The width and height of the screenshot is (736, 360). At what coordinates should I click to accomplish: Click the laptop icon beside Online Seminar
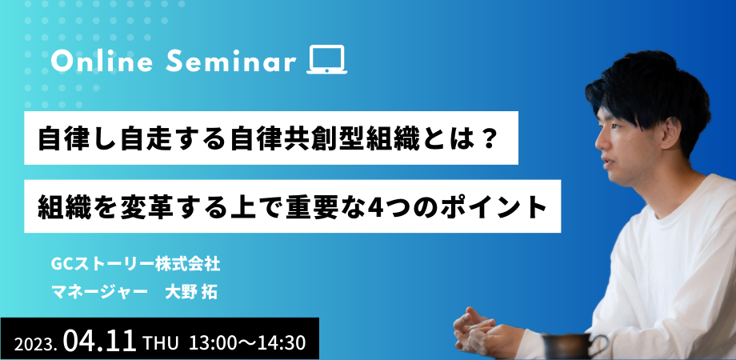326,60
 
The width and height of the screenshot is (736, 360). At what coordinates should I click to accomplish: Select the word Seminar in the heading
231,62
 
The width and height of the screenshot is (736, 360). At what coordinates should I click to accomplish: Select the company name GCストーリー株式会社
136,265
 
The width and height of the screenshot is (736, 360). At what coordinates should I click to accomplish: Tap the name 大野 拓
191,292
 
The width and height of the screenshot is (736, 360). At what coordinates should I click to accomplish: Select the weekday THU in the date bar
161,343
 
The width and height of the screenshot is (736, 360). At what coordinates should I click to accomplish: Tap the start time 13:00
211,343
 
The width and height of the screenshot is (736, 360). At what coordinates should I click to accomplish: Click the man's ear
670,133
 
